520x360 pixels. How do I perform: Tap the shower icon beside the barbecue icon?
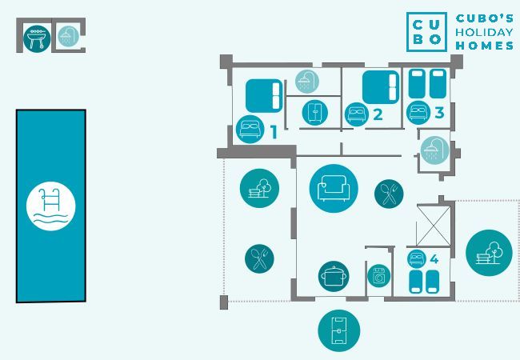[x=67, y=37]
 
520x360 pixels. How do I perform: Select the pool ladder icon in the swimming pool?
[x=51, y=206]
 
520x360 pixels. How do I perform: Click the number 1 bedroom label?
[x=274, y=132]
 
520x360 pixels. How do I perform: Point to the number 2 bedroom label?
[x=378, y=114]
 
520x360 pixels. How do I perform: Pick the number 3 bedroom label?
[x=439, y=113]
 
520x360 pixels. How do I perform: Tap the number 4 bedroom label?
[x=434, y=259]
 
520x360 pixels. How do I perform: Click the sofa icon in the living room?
[x=333, y=189]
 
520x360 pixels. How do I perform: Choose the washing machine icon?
[x=378, y=275]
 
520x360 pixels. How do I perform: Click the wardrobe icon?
[x=314, y=112]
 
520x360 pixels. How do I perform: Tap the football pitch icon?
[x=338, y=330]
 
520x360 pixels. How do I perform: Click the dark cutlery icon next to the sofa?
[x=389, y=193]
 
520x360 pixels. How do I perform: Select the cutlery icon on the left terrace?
[x=258, y=258]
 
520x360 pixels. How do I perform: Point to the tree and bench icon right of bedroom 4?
[x=488, y=253]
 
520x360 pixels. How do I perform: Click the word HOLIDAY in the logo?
[x=485, y=32]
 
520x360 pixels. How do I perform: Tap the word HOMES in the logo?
[x=485, y=46]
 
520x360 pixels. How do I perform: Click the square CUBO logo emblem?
[x=426, y=31]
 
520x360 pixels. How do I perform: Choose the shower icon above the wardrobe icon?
[x=306, y=81]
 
